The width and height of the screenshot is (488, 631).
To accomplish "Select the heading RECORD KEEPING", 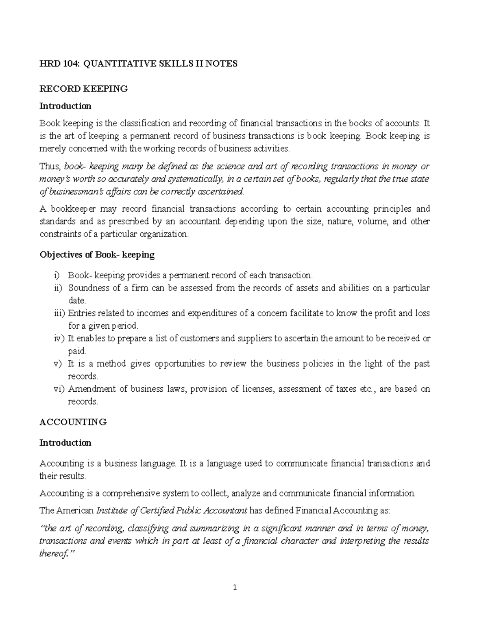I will pos(83,89).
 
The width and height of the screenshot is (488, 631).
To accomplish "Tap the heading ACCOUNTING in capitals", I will pos(73,422).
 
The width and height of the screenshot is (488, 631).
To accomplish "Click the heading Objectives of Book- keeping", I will pos(97,255).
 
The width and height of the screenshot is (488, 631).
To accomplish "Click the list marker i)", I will pos(56,275).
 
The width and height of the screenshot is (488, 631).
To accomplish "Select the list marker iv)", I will pos(59,338).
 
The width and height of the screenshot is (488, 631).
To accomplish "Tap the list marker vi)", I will pos(59,389).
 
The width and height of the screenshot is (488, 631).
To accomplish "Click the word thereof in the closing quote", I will pos(54,554).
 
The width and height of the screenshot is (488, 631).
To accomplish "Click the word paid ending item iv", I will pos(76,351).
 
